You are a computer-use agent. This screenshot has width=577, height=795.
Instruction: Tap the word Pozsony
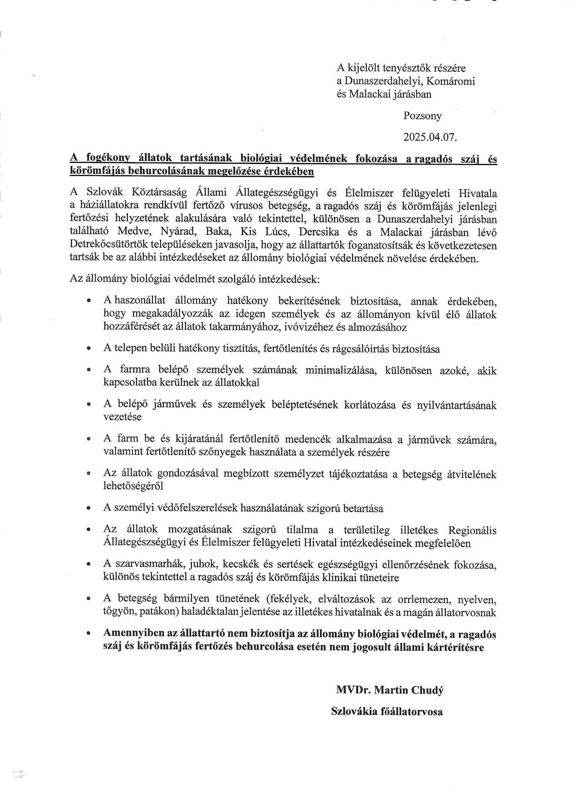pyautogui.click(x=422, y=116)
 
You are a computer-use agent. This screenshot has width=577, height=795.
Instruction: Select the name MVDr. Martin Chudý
pyautogui.click(x=389, y=691)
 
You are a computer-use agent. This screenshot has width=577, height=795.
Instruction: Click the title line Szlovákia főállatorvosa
pyautogui.click(x=387, y=711)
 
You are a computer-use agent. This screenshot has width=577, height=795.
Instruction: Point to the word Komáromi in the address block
pyautogui.click(x=454, y=81)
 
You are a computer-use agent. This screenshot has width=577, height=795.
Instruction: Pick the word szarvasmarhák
pyautogui.click(x=147, y=564)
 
